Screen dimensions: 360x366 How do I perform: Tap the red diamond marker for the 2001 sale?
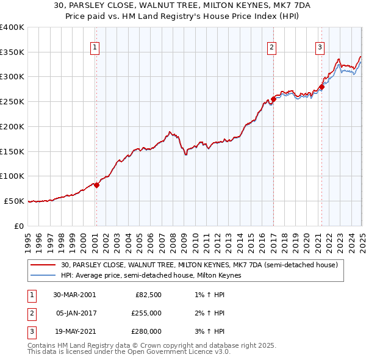click(x=96, y=185)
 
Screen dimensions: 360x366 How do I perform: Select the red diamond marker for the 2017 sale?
click(x=273, y=99)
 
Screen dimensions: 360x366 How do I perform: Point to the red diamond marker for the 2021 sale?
click(x=321, y=87)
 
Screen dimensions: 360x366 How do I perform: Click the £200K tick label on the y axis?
click(x=12, y=126)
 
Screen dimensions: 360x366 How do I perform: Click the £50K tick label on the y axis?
click(x=14, y=201)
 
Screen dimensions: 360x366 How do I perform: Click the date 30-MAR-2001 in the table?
click(x=74, y=295)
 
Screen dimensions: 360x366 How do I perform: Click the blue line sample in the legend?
click(x=43, y=276)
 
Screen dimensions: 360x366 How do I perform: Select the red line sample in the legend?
click(x=43, y=265)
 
